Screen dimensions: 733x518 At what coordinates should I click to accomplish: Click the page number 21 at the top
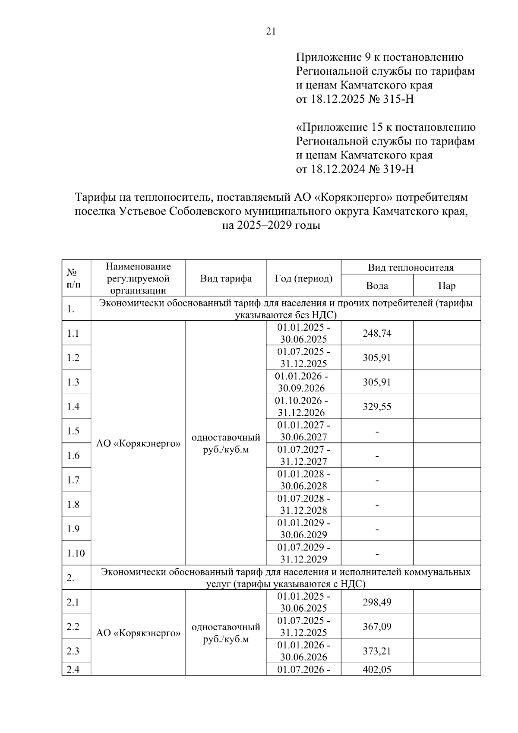(x=271, y=32)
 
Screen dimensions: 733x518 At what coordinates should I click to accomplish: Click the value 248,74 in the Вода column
(x=377, y=333)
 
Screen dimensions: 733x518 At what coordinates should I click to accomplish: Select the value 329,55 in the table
(x=377, y=407)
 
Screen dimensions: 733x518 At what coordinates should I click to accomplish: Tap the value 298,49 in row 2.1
(x=377, y=602)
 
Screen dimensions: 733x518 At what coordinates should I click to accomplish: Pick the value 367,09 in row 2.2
(x=377, y=627)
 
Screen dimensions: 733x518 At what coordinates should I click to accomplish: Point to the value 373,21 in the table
(x=377, y=651)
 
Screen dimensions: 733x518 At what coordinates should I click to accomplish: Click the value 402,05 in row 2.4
(x=377, y=670)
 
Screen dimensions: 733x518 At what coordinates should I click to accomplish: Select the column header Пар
(x=447, y=286)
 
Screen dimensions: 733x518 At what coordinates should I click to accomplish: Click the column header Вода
(x=377, y=286)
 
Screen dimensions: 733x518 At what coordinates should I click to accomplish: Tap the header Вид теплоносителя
(x=411, y=268)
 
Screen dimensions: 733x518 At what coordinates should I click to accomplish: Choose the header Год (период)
(x=303, y=278)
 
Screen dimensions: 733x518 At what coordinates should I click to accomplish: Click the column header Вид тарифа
(x=226, y=278)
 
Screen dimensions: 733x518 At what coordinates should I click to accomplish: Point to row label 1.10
(x=76, y=553)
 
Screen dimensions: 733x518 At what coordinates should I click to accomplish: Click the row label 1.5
(x=73, y=431)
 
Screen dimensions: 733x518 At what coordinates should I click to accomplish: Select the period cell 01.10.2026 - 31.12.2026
(x=303, y=407)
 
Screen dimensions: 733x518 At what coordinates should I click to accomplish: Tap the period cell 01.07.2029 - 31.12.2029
(x=303, y=553)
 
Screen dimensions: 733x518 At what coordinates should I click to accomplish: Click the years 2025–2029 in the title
(x=263, y=226)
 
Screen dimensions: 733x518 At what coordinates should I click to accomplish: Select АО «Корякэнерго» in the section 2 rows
(x=138, y=633)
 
